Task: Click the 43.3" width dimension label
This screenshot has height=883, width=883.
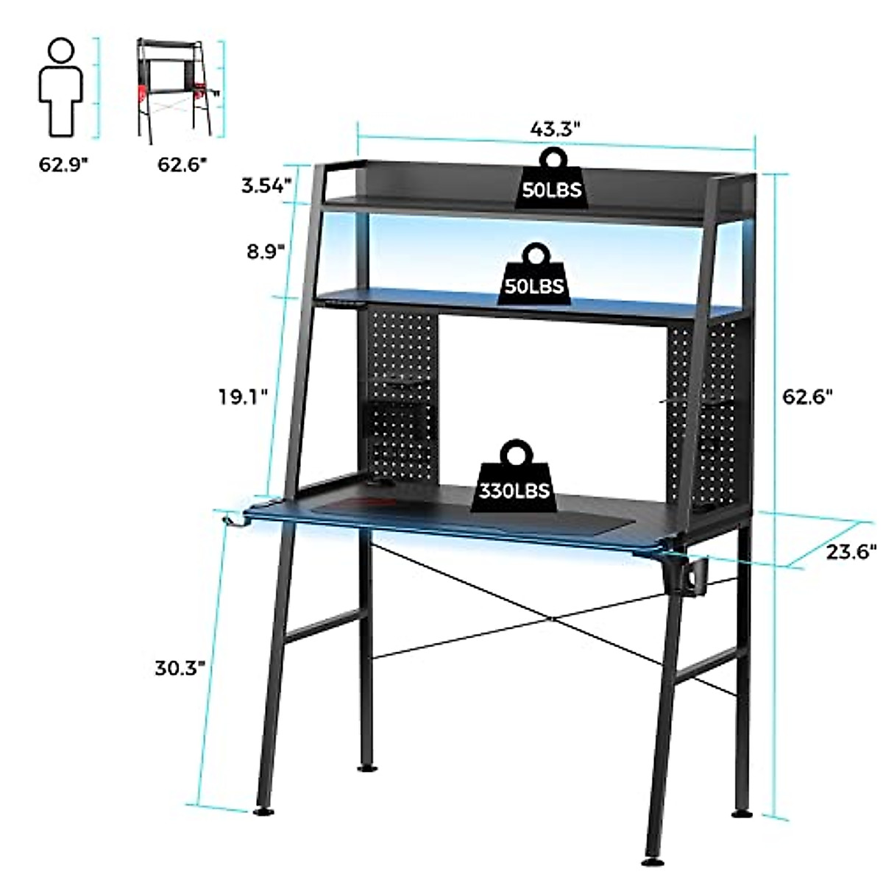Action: tap(556, 130)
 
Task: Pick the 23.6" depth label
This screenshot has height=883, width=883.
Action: tap(852, 550)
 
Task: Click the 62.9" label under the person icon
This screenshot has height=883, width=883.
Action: tap(63, 163)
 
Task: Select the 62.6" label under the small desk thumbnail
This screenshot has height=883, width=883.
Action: tap(182, 163)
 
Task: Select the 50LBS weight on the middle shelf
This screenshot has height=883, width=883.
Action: tap(533, 275)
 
